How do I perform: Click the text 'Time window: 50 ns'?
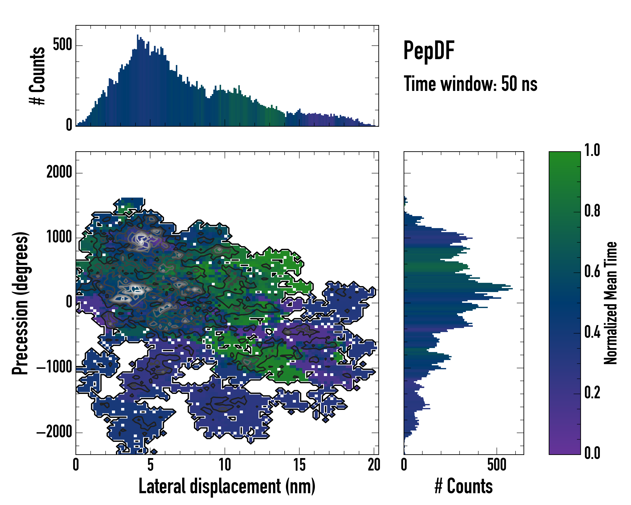point(470,84)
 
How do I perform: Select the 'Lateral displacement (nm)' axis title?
point(227,486)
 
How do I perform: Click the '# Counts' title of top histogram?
point(37,76)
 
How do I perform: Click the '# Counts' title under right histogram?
point(464,486)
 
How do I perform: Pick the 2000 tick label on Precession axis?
point(59,172)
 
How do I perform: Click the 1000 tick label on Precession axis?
point(59,237)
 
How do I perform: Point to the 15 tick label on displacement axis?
point(299,465)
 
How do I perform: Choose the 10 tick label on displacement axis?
point(225,465)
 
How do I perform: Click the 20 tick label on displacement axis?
point(374,465)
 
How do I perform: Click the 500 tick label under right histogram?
point(497,465)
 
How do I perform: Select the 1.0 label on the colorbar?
point(592,150)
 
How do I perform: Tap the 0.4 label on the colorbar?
point(592,333)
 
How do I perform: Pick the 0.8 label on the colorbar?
point(592,211)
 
